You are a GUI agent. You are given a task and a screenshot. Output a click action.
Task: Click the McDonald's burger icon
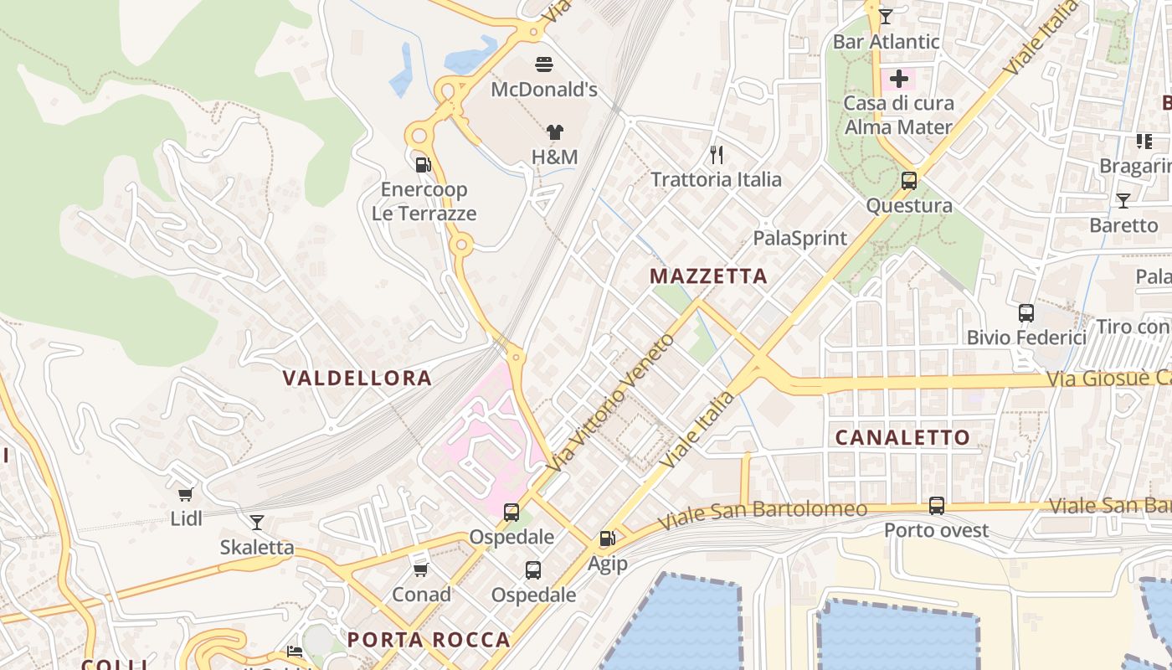point(544,64)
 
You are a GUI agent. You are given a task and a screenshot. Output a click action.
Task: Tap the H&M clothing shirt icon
point(554,131)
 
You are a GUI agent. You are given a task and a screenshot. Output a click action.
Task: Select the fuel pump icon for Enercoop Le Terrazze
point(424,164)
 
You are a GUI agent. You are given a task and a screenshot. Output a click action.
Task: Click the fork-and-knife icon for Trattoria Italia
point(716,154)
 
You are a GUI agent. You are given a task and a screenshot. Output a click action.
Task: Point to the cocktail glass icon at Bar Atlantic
point(886,16)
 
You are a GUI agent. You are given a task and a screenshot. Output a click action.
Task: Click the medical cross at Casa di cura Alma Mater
point(899,79)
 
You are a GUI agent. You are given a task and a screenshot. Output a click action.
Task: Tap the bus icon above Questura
point(909,180)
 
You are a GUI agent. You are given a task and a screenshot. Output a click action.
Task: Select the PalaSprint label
point(800,238)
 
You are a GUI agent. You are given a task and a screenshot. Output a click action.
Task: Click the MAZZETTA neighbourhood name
point(708,276)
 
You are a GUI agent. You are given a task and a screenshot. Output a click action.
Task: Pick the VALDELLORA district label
point(357,379)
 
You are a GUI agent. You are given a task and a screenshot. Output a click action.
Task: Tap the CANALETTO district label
point(902,437)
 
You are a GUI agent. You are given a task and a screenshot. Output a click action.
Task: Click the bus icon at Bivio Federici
point(1026,313)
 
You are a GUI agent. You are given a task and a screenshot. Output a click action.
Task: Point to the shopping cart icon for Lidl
point(186,494)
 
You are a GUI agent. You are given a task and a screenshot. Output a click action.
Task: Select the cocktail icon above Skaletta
point(257,523)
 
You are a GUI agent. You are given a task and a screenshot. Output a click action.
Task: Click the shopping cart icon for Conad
point(421,569)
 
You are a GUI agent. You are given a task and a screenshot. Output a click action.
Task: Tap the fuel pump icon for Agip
point(607,539)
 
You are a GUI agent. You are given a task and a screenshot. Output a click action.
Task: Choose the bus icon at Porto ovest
point(937,506)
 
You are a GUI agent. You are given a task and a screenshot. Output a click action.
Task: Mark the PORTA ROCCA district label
point(429,640)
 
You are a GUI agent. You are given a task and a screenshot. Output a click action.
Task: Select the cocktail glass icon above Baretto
point(1123,201)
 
